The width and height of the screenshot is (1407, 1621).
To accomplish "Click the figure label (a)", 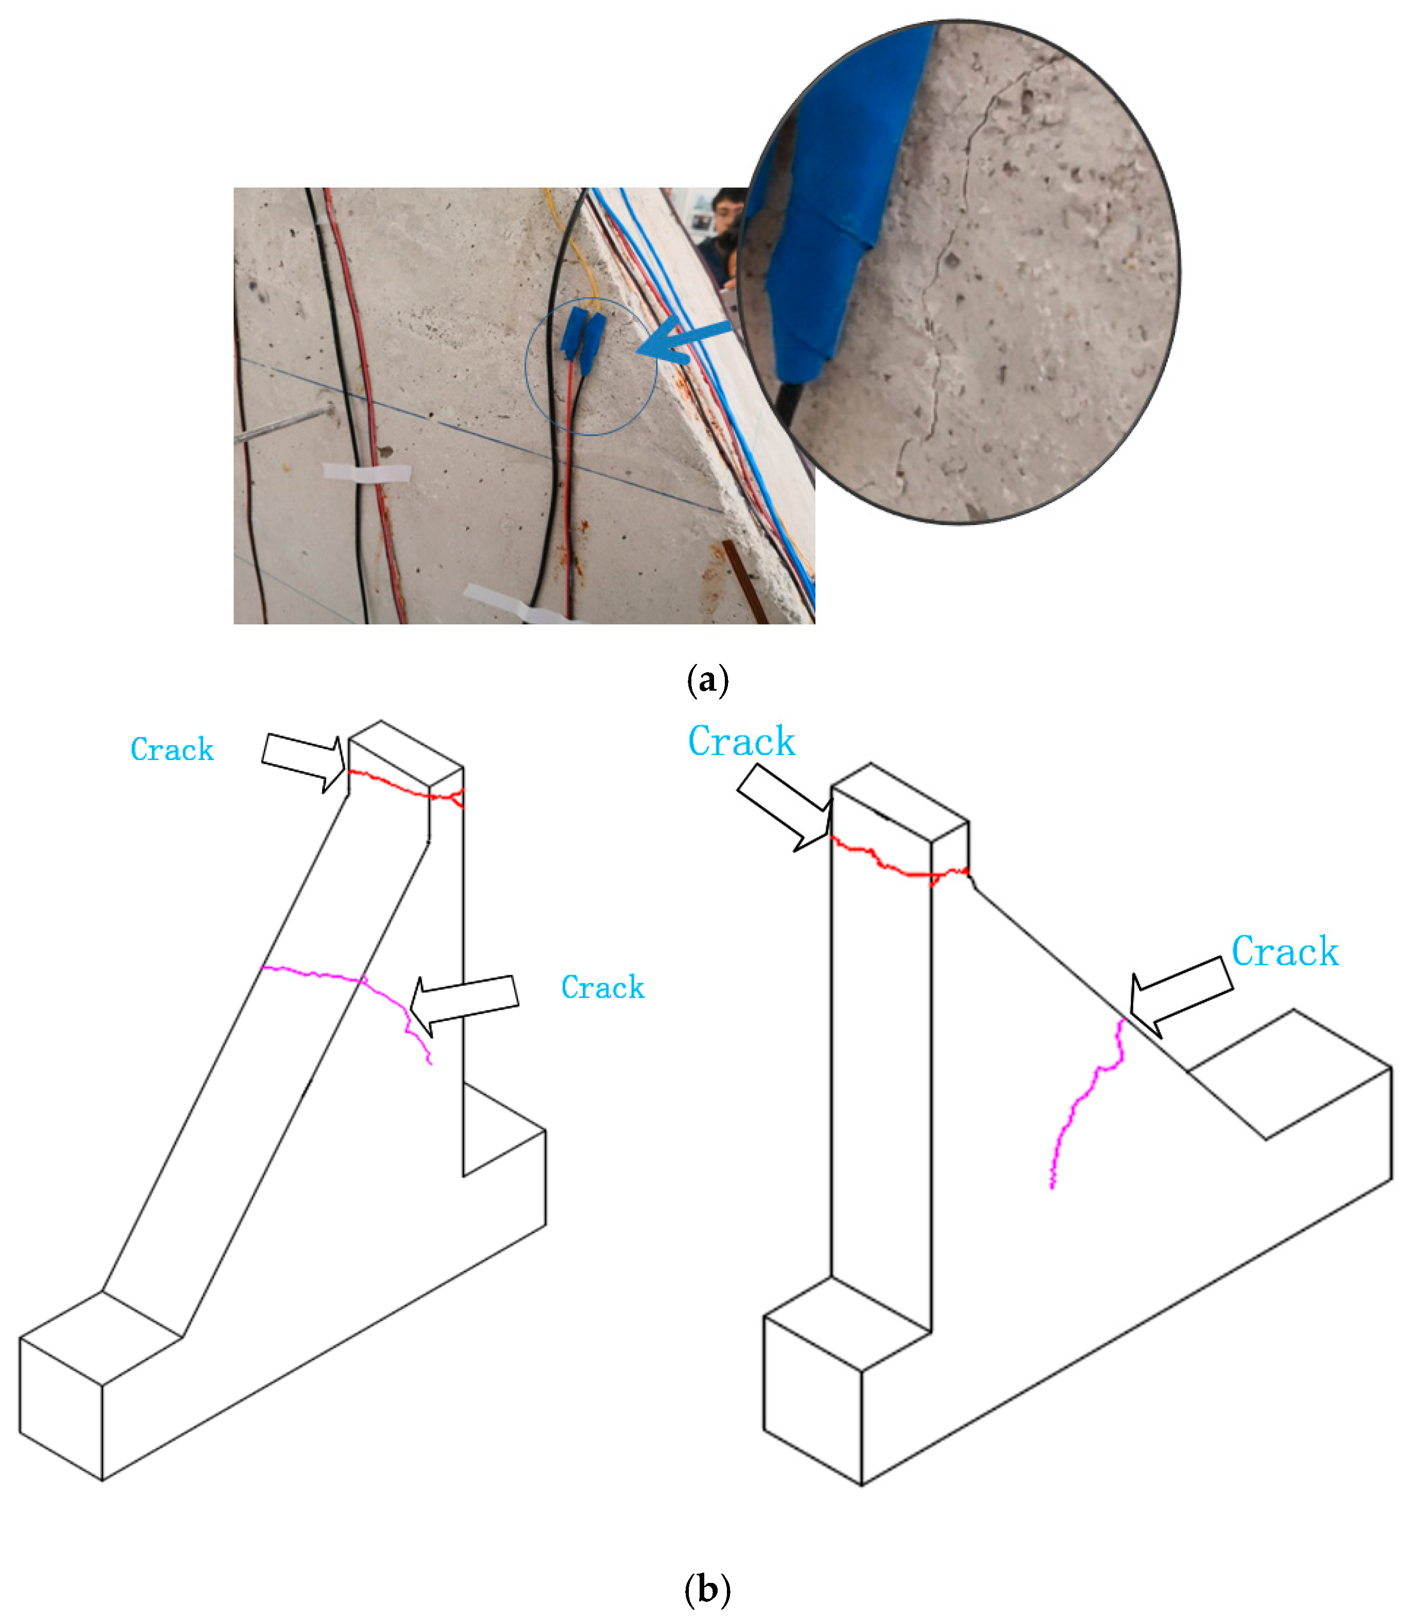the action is (707, 680).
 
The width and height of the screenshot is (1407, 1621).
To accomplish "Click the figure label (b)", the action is (707, 1590).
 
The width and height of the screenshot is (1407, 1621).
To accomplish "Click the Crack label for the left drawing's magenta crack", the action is (602, 987).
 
